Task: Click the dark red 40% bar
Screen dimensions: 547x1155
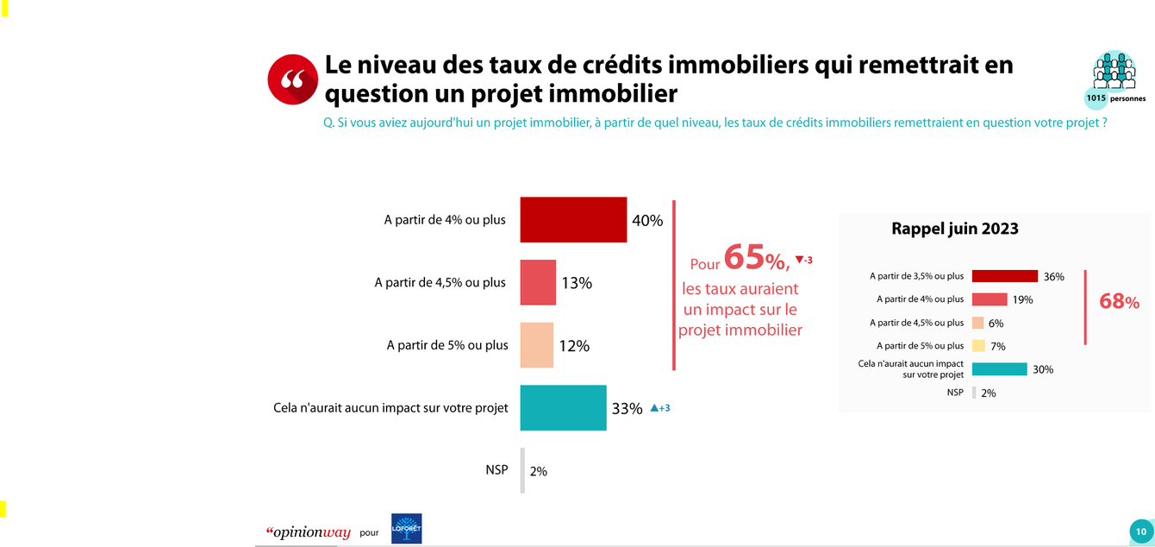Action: [x=573, y=219]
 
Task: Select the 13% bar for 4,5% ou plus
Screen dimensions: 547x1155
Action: [x=538, y=282]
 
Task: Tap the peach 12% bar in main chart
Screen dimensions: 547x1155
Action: [x=536, y=345]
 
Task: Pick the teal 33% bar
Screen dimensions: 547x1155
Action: [x=563, y=407]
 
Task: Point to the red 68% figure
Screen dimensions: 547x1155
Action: [x=1119, y=302]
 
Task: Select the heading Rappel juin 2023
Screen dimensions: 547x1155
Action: [x=954, y=229]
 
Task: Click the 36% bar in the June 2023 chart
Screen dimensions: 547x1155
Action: [x=1004, y=276]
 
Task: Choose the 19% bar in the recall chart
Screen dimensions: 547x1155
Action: [x=990, y=299]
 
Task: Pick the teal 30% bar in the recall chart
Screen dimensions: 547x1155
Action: [x=999, y=369]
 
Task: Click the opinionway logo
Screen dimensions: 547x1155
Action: [x=308, y=532]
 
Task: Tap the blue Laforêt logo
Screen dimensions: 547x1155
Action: [x=406, y=529]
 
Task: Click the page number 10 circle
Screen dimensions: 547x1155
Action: [x=1140, y=531]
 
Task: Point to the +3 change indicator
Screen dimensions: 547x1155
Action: [x=659, y=408]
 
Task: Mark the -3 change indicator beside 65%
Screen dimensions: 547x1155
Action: [x=803, y=260]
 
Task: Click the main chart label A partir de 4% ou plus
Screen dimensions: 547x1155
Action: [x=445, y=219]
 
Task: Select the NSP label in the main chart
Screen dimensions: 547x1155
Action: [x=496, y=470]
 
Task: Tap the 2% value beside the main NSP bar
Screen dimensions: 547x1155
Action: [x=539, y=471]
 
